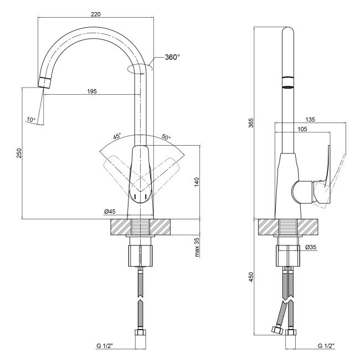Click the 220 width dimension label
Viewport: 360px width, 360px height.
click(96, 14)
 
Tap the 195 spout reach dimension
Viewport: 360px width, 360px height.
click(92, 91)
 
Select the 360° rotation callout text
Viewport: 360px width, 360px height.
click(172, 57)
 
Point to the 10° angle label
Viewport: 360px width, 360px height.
click(30, 120)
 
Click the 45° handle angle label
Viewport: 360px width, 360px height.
click(117, 136)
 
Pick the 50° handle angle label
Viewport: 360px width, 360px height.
click(166, 137)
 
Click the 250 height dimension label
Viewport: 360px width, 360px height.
click(19, 153)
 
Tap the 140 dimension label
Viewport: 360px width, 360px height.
click(197, 182)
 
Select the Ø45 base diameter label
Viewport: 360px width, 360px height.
click(110, 212)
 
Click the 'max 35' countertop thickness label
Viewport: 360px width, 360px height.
click(197, 247)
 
